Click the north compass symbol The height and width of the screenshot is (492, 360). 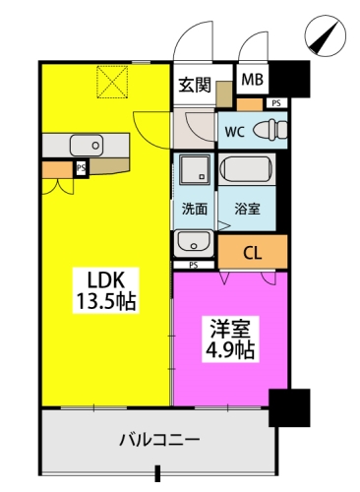tap(326, 36)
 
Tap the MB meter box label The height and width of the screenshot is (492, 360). tap(253, 79)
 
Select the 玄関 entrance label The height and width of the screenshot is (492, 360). tap(195, 85)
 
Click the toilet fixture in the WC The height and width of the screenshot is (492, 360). tap(270, 130)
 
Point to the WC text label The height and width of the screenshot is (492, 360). tap(235, 132)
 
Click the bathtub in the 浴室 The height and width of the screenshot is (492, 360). tap(246, 169)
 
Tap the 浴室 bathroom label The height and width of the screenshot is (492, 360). tap(248, 209)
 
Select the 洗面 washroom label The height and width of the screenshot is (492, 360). tap(195, 209)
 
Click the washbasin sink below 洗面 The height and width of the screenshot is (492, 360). tap(194, 243)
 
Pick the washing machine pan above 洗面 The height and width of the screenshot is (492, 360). tap(194, 169)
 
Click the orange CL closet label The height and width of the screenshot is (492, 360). tap(253, 253)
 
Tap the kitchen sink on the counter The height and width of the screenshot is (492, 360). tap(86, 146)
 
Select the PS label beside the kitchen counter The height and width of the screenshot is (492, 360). tap(81, 168)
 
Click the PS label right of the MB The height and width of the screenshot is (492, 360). tap(276, 103)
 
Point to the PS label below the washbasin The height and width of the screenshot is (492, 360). tap(194, 265)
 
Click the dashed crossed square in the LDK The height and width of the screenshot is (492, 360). tap(112, 82)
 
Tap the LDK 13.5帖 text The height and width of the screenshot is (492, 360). tap(106, 291)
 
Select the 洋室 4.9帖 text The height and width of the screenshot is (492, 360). tap(230, 339)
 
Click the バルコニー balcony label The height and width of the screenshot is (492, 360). tap(159, 440)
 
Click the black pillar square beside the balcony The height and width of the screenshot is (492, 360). tap(289, 407)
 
